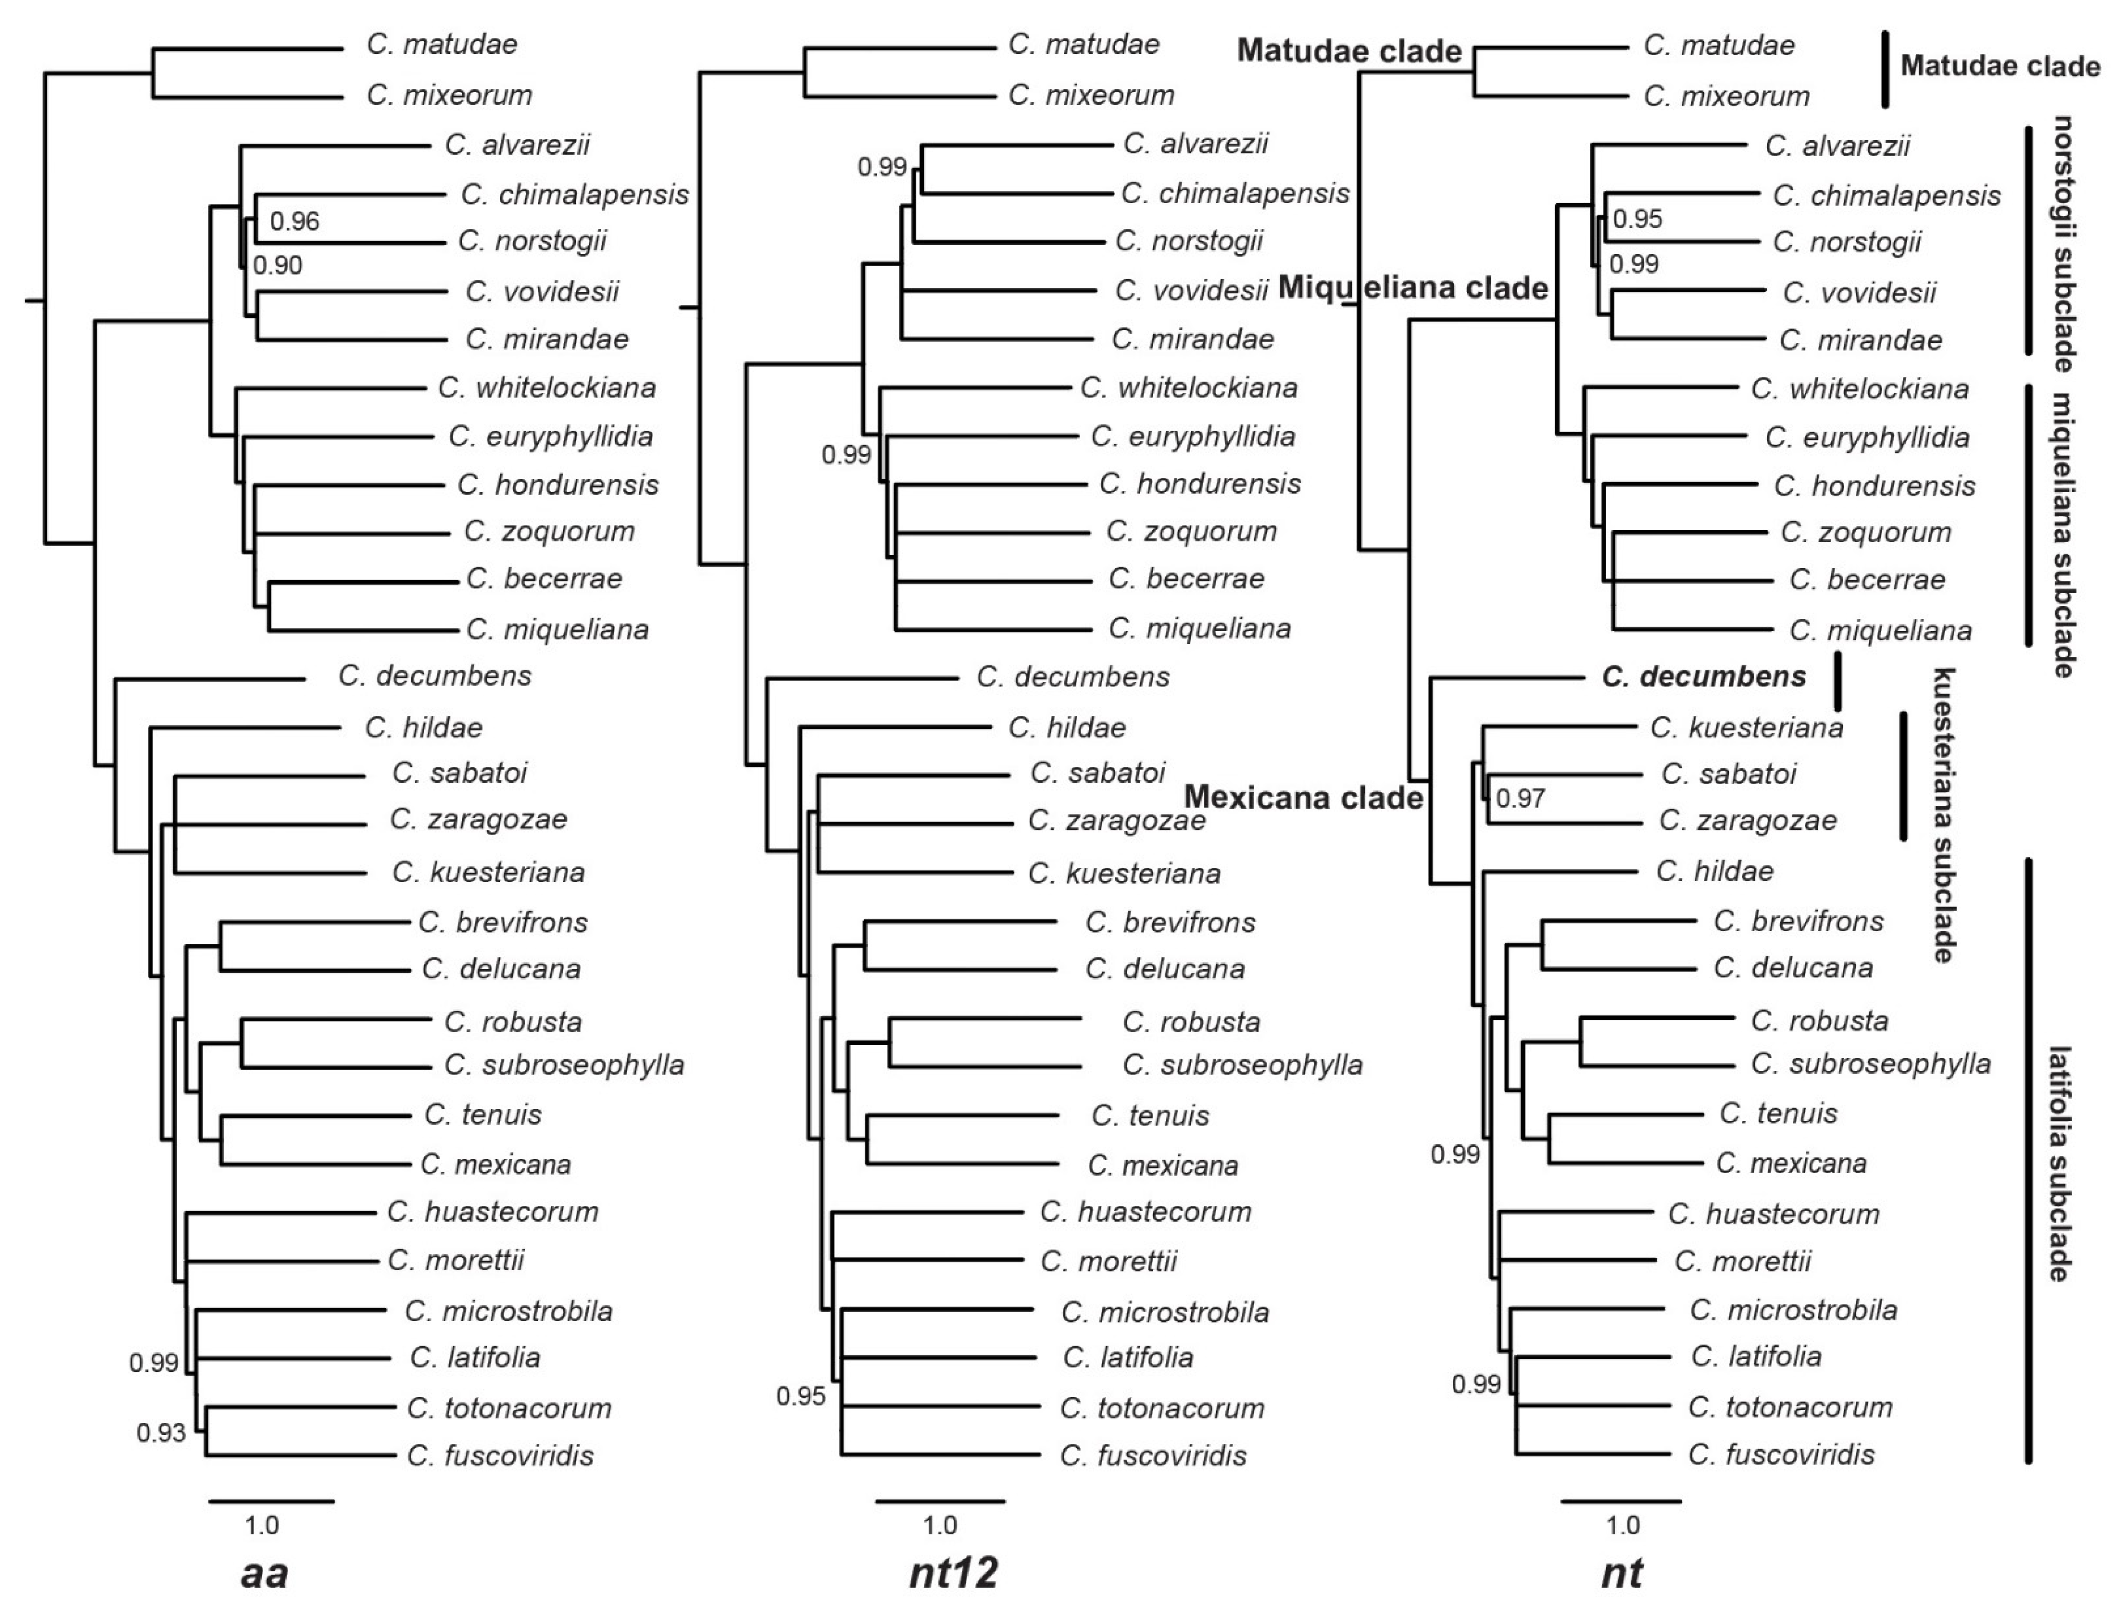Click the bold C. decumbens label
pyautogui.click(x=1703, y=676)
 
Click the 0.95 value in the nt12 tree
pyautogui.click(x=801, y=1396)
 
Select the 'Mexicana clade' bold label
pyautogui.click(x=1302, y=797)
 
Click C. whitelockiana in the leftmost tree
pyautogui.click(x=547, y=388)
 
